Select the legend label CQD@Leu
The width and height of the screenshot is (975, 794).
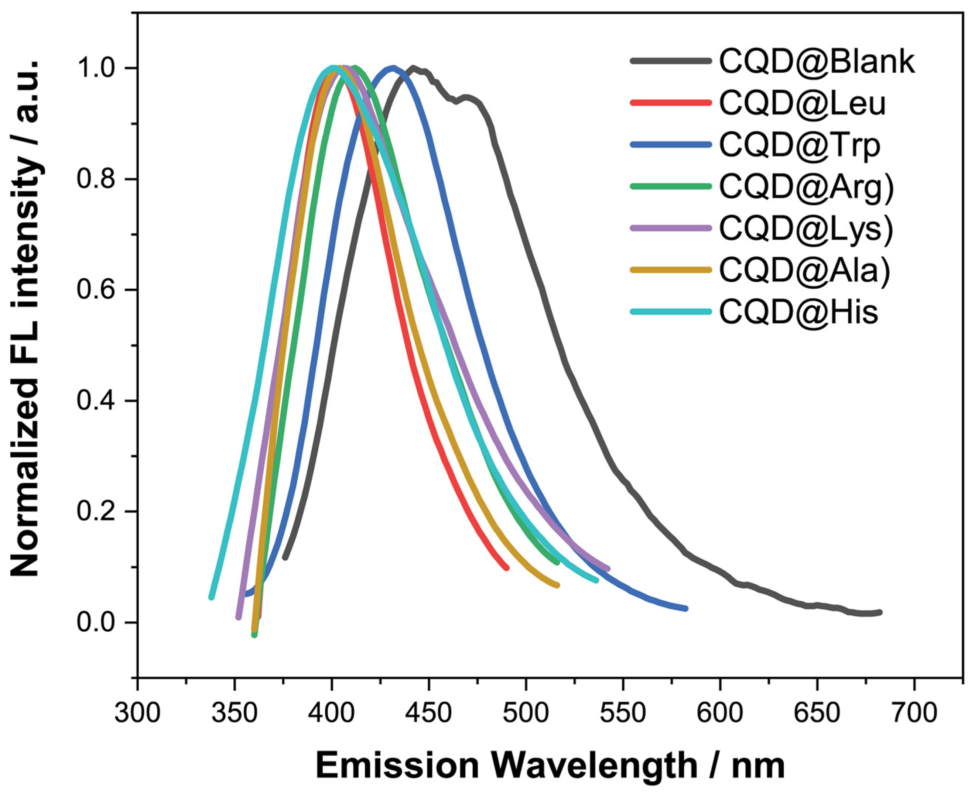pyautogui.click(x=803, y=103)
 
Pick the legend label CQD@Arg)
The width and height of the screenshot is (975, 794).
pyautogui.click(x=807, y=186)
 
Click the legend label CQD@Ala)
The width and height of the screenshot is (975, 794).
pyautogui.click(x=805, y=270)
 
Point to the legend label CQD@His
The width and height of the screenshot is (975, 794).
pyautogui.click(x=798, y=312)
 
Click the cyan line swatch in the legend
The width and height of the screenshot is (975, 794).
pyautogui.click(x=671, y=312)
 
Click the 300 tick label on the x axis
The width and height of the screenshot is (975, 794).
pyautogui.click(x=137, y=712)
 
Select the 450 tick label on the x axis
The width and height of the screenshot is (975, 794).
pyautogui.click(x=429, y=712)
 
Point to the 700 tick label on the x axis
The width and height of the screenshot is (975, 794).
pyautogui.click(x=914, y=712)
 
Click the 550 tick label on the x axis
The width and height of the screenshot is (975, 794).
pyautogui.click(x=623, y=712)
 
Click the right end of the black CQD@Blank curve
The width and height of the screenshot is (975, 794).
pyautogui.click(x=880, y=612)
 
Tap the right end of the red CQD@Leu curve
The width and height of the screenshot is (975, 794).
pyautogui.click(x=506, y=568)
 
